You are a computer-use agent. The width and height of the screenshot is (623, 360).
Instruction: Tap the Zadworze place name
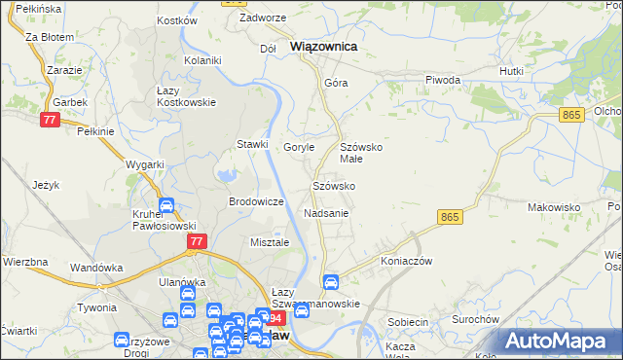pyautogui.click(x=262, y=18)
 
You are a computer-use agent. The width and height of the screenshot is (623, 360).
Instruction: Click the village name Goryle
pyautogui.click(x=299, y=147)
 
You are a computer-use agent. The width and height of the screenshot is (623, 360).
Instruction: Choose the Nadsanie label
pyautogui.click(x=326, y=212)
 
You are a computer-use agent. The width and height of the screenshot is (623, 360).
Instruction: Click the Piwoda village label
pyautogui.click(x=443, y=80)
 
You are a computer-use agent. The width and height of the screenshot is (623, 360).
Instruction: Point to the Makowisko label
pyautogui.click(x=554, y=207)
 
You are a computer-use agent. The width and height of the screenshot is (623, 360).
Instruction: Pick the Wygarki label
pyautogui.click(x=145, y=164)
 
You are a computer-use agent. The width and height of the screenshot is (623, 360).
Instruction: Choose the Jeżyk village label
pyautogui.click(x=46, y=185)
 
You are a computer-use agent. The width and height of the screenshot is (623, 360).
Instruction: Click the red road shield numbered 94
pyautogui.click(x=275, y=318)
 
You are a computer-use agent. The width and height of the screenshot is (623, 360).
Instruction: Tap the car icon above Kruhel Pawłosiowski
pyautogui.click(x=165, y=206)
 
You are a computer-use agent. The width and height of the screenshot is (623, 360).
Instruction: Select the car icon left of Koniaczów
pyautogui.click(x=330, y=282)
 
